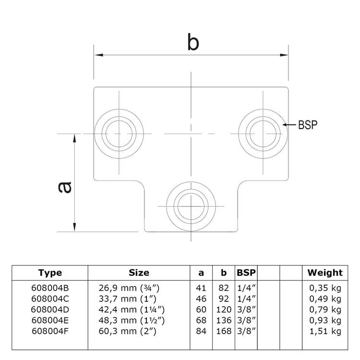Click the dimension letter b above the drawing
pyautogui.click(x=192, y=43)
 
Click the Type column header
pyautogui.click(x=50, y=273)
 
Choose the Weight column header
pyautogui.click(x=325, y=273)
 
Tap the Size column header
pyautogui.click(x=139, y=273)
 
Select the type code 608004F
pyautogui.click(x=50, y=331)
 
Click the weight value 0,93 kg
pyautogui.click(x=325, y=321)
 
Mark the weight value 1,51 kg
pyautogui.click(x=325, y=331)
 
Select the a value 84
pyautogui.click(x=202, y=331)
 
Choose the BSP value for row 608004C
pyautogui.click(x=246, y=299)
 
